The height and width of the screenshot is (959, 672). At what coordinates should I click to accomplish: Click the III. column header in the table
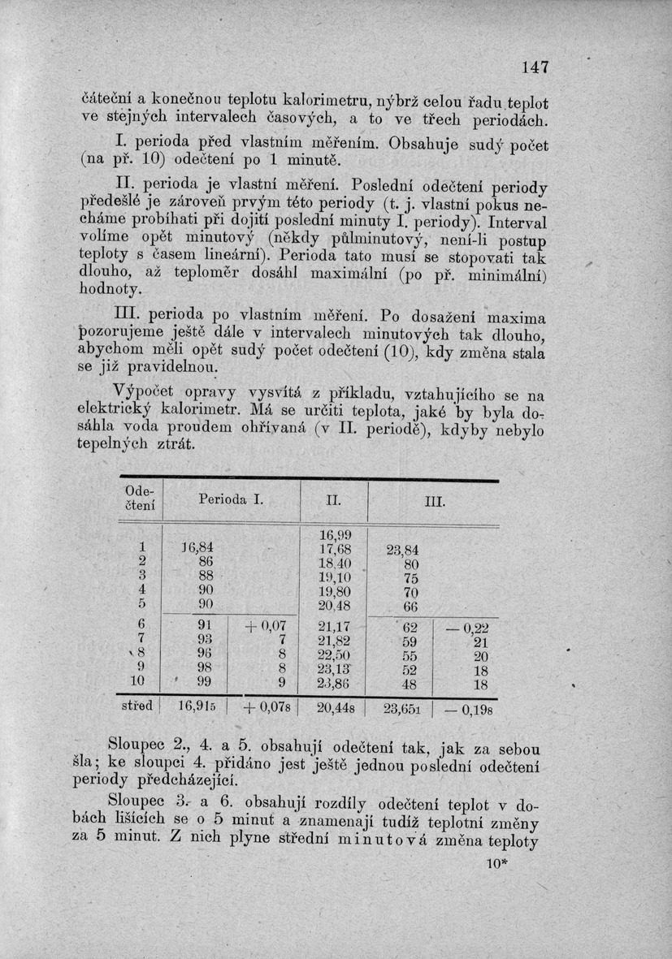(433, 503)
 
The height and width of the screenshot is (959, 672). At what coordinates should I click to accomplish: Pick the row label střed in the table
(137, 706)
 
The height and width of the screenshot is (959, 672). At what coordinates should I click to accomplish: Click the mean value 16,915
(195, 707)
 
